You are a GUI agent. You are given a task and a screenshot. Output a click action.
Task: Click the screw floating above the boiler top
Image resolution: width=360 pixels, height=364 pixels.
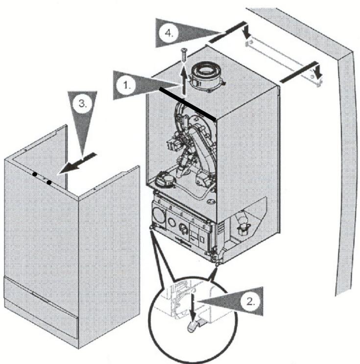(184, 55)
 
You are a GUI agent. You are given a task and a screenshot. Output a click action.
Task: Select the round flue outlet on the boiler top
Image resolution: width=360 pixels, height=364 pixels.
(207, 74)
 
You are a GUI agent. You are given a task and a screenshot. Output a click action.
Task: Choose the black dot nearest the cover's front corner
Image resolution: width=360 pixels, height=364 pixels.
(49, 183)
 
